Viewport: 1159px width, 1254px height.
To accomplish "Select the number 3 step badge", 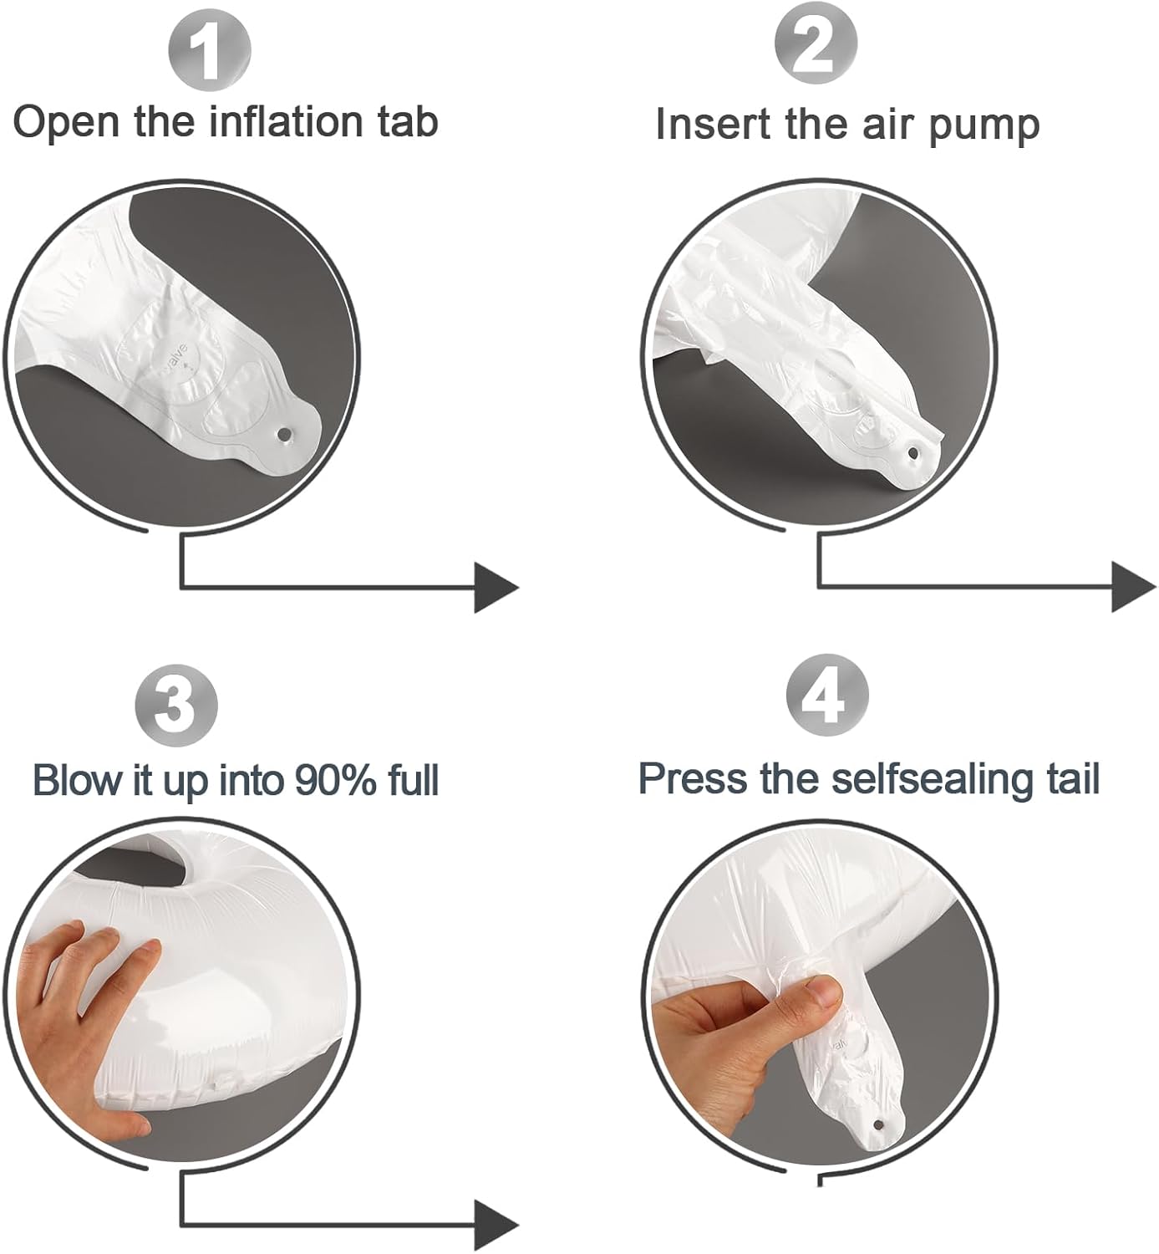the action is (176, 706).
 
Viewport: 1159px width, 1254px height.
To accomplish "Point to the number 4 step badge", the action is (827, 696).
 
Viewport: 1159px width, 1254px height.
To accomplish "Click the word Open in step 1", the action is (66, 124).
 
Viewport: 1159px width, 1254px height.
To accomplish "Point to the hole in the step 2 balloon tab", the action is (913, 453).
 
